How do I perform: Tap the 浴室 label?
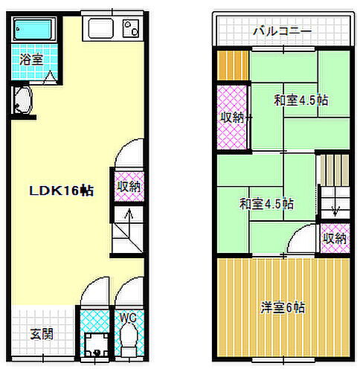[x=30, y=58]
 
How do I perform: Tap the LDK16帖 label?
[x=61, y=190]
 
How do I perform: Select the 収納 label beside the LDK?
[x=127, y=187]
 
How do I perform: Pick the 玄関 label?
[x=42, y=334]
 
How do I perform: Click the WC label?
[x=128, y=318]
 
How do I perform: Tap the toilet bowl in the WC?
[x=128, y=345]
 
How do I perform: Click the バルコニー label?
[x=281, y=31]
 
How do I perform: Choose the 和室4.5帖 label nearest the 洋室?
[x=266, y=202]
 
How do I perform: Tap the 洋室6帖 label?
[x=282, y=307]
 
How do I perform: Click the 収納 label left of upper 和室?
[x=232, y=116]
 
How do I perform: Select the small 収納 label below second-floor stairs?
[x=335, y=238]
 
